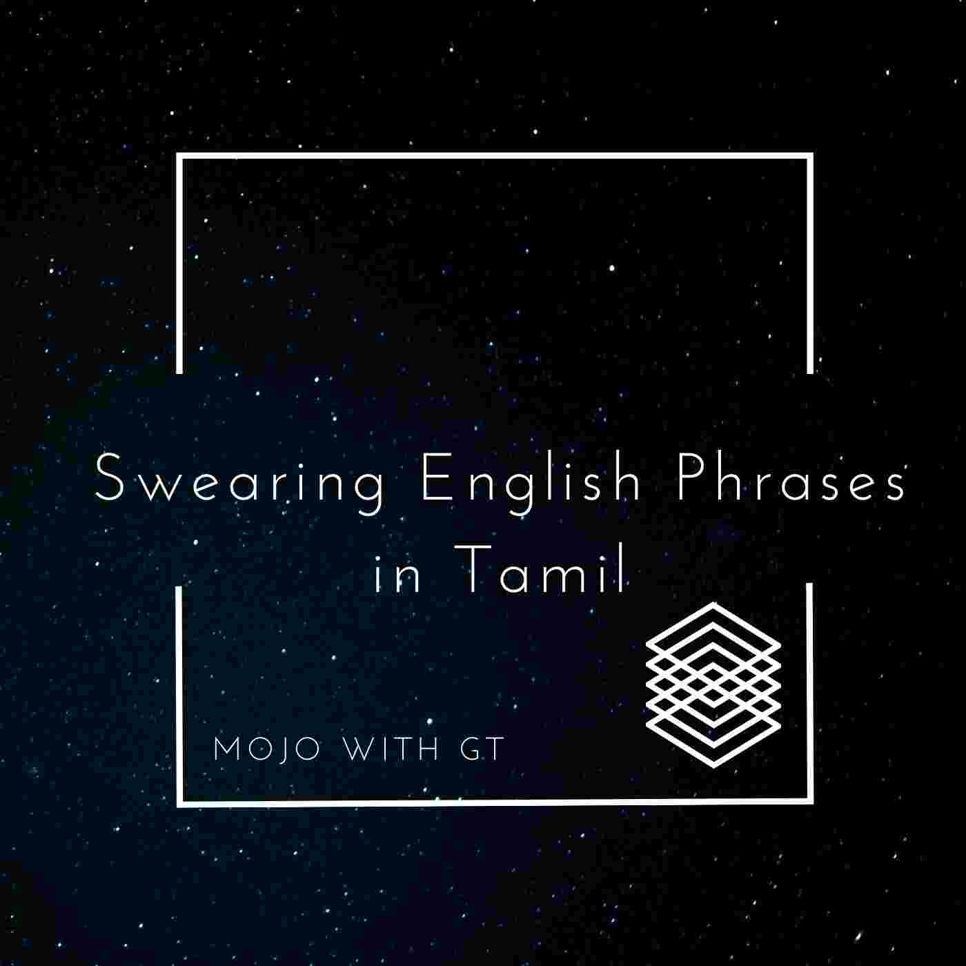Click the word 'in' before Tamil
(397, 574)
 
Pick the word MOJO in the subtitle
(267, 750)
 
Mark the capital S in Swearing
(109, 477)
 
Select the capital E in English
(435, 477)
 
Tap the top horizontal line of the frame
(495, 155)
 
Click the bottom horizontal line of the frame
(495, 802)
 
